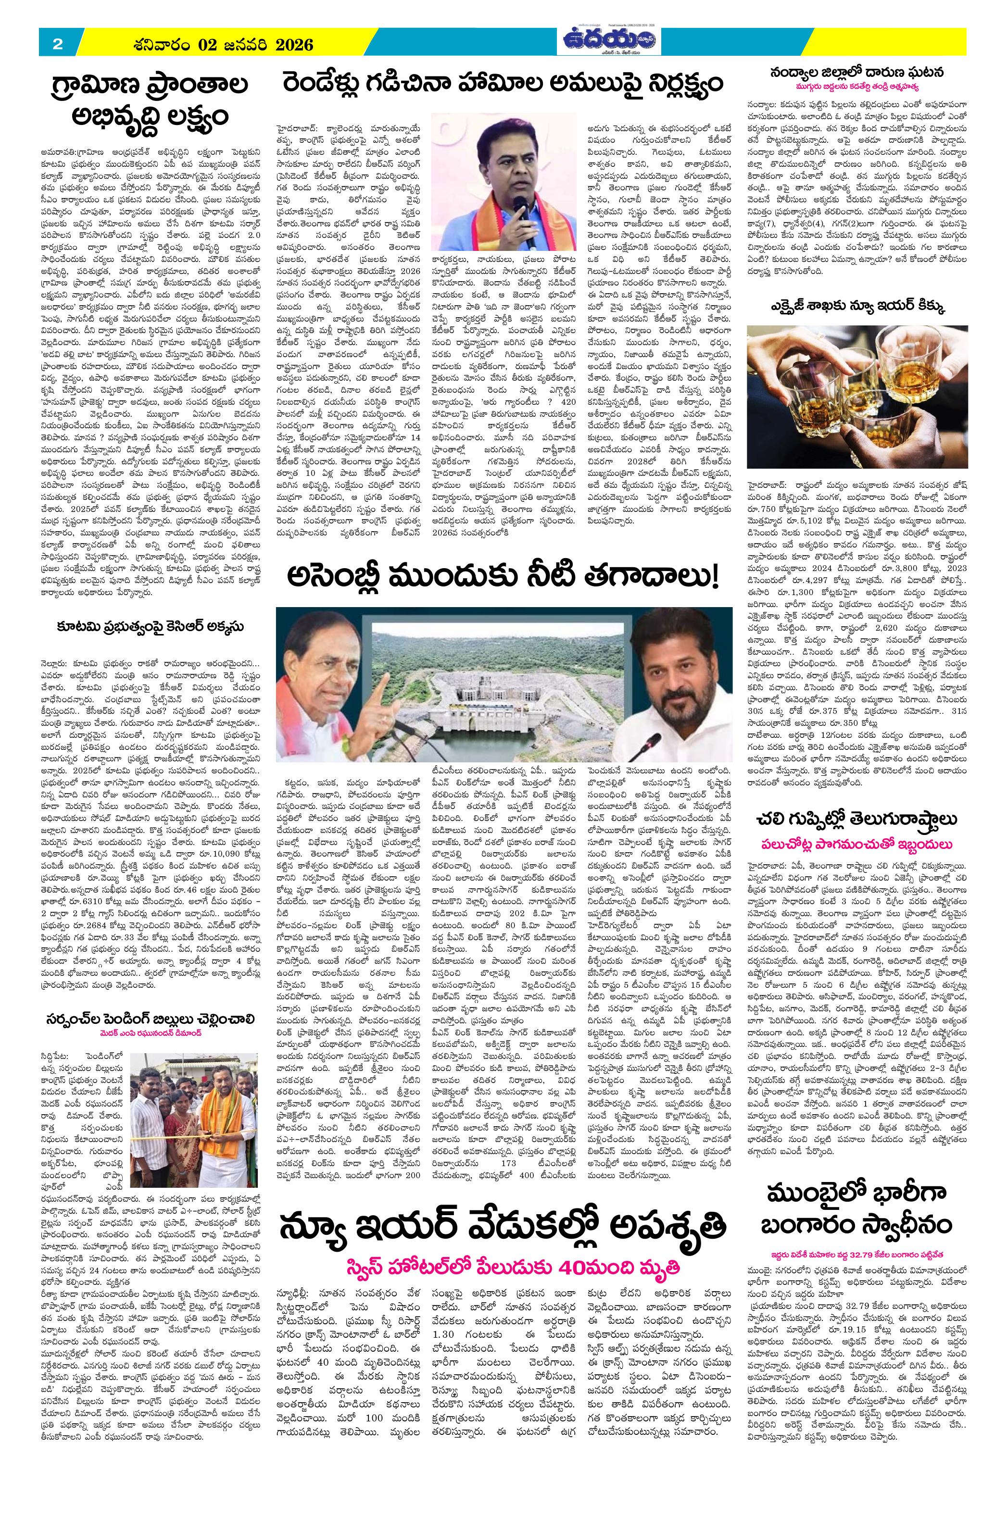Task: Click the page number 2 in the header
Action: coord(57,44)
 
